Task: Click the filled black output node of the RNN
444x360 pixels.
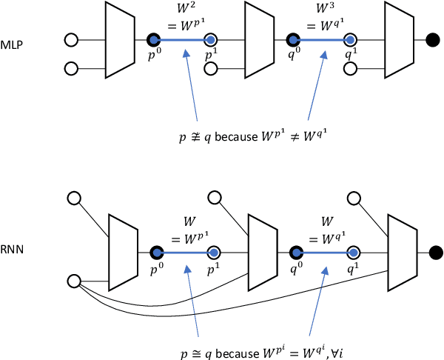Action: (x=436, y=253)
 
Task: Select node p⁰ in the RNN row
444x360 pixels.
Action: (x=156, y=253)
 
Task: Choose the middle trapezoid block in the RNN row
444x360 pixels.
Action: (x=260, y=253)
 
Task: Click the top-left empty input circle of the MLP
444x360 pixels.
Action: (x=72, y=39)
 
